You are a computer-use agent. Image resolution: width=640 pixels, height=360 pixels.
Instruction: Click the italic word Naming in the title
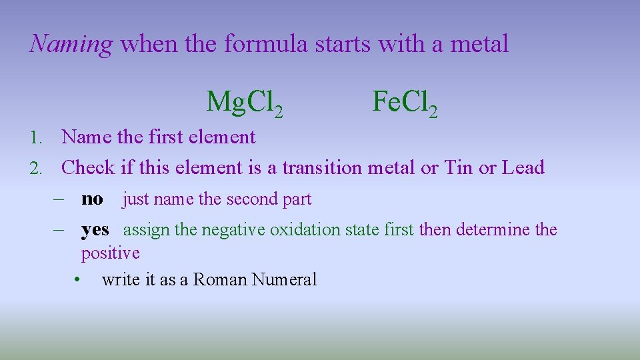[71, 45]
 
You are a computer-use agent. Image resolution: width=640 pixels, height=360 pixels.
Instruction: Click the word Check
[88, 167]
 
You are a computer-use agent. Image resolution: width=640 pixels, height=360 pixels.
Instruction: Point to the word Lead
[523, 167]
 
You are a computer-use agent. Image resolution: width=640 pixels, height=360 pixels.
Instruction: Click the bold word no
[92, 199]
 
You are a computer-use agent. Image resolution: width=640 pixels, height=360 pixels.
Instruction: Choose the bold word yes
[95, 230]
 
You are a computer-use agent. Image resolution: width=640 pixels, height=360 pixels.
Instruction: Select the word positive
[110, 253]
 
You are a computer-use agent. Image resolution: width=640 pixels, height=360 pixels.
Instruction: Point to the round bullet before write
[79, 279]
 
